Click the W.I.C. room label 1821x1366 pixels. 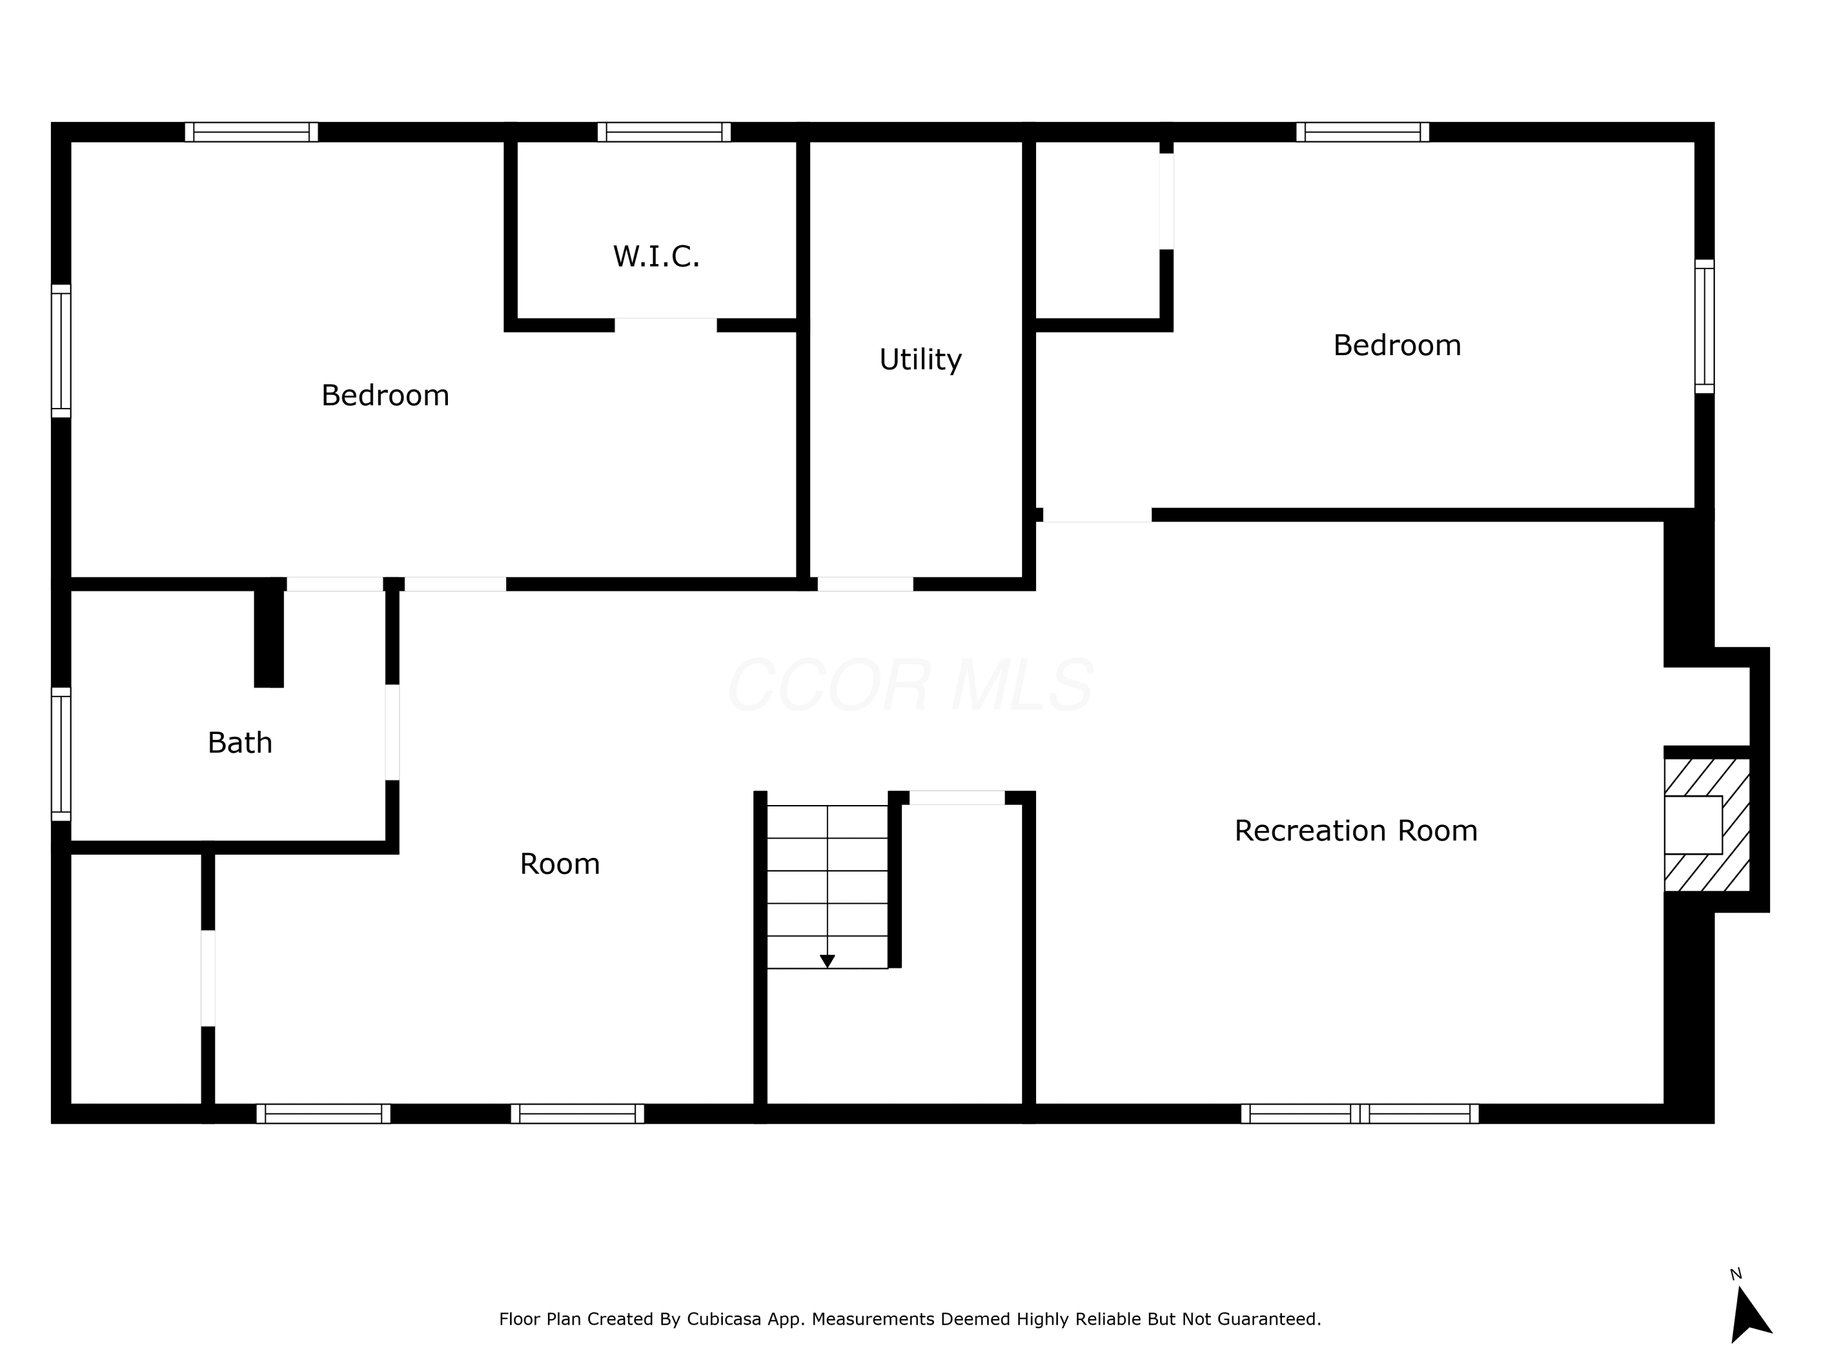[656, 257]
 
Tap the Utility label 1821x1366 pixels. [920, 360]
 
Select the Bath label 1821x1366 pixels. [240, 742]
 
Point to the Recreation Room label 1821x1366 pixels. [1356, 831]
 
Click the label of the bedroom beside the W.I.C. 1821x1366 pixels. [385, 395]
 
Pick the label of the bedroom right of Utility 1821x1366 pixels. [1397, 345]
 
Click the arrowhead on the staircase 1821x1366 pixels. [827, 961]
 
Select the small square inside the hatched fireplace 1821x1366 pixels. [1694, 824]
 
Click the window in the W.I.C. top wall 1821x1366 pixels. [663, 132]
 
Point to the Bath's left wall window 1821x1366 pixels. [61, 754]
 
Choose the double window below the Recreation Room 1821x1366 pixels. [1360, 1113]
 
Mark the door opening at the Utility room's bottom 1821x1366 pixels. [865, 584]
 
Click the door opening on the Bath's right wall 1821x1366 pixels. [393, 732]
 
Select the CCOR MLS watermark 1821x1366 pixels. [910, 685]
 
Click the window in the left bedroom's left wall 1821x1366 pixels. [61, 351]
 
